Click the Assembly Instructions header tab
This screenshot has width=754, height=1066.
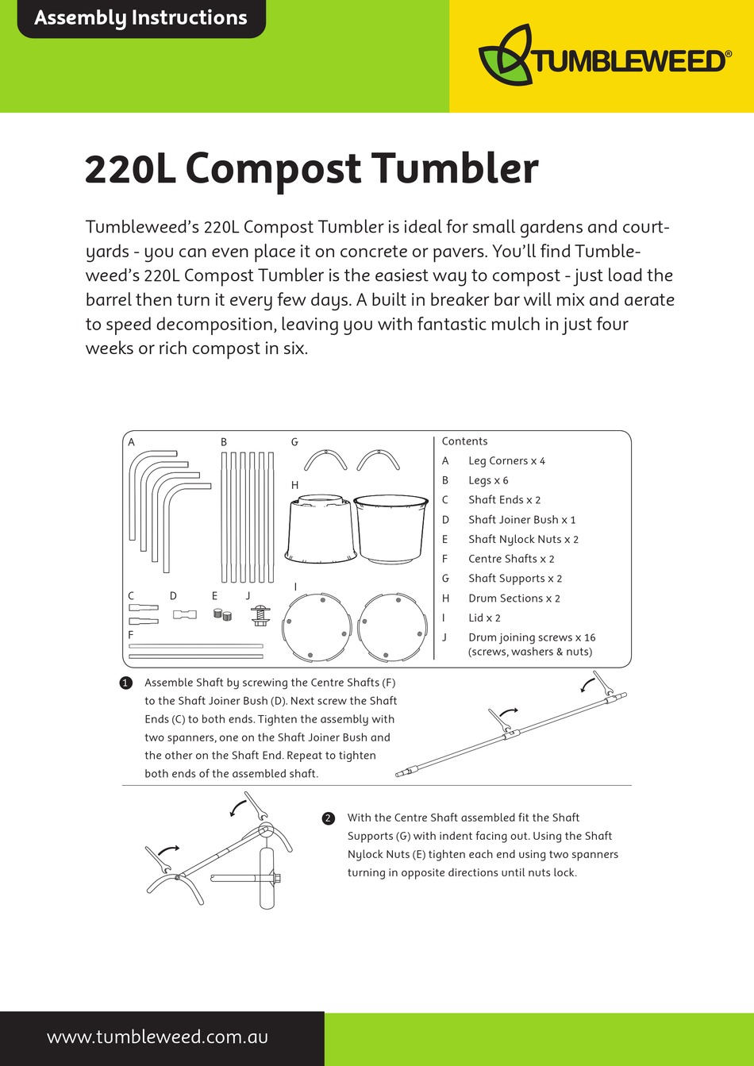(x=140, y=18)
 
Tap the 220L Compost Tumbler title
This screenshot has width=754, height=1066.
(x=311, y=168)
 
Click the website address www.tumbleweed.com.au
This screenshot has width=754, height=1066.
(x=157, y=1037)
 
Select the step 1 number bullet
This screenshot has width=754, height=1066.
(x=125, y=683)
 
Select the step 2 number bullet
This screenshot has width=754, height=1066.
(x=329, y=818)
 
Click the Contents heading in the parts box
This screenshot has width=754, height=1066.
(x=464, y=441)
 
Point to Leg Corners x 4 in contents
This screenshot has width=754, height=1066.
(x=506, y=461)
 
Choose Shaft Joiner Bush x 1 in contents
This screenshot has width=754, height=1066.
(x=521, y=520)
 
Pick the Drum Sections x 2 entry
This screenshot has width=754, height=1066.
(x=514, y=598)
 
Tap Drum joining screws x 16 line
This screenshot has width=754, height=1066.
(x=531, y=637)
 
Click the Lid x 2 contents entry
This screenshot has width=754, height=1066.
(x=484, y=618)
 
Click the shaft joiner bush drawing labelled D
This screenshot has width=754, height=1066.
(x=184, y=614)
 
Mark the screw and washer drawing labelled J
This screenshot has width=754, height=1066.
(x=260, y=614)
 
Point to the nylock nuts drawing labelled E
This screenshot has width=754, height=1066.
(x=222, y=614)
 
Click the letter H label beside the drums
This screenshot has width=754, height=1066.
(x=294, y=485)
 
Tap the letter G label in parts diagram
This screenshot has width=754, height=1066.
(x=294, y=442)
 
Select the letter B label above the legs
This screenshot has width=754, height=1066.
(x=224, y=442)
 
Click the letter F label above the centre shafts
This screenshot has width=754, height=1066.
(x=131, y=635)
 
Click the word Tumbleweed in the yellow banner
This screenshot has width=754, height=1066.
(x=629, y=61)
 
